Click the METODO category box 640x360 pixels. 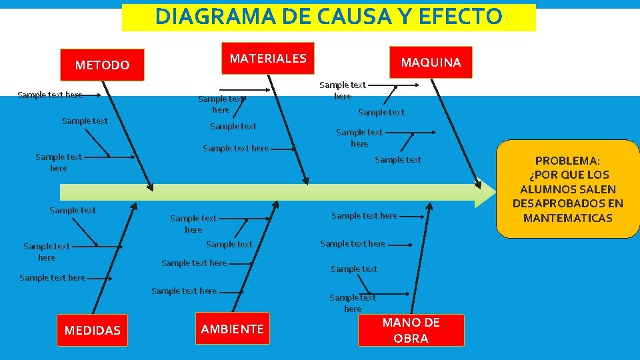102,65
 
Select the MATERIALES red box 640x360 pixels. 268,59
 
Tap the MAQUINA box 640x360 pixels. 431,62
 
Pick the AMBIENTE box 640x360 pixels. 232,329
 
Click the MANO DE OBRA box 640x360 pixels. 411,330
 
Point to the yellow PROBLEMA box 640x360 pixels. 567,189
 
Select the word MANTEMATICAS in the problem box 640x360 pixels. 567,218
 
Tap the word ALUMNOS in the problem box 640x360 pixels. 546,189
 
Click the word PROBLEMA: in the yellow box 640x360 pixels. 567,161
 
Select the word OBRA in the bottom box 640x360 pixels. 411,338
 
